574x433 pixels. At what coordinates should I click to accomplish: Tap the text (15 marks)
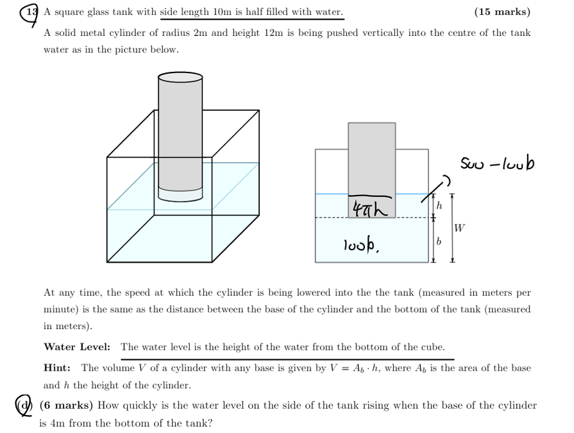pyautogui.click(x=502, y=12)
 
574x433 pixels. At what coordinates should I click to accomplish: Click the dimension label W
pyautogui.click(x=459, y=227)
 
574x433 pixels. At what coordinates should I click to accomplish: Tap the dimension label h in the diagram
pyautogui.click(x=439, y=205)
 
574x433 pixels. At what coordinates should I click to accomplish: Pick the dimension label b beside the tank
pyautogui.click(x=439, y=241)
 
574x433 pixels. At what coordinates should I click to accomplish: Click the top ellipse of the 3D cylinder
pyautogui.click(x=180, y=78)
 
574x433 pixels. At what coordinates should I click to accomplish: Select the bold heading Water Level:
pyautogui.click(x=76, y=347)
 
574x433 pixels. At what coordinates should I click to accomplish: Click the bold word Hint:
pyautogui.click(x=57, y=368)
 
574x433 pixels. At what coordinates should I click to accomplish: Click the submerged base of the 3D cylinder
pyautogui.click(x=180, y=195)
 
